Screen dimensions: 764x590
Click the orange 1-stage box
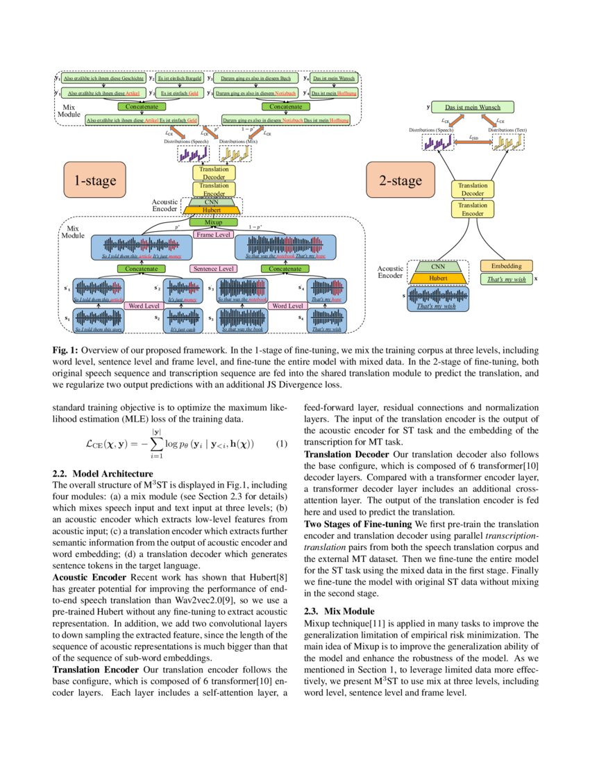tap(95, 181)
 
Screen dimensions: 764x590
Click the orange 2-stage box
tap(400, 181)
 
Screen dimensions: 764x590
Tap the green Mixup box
tap(209, 224)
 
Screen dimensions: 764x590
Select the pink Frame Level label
tap(214, 235)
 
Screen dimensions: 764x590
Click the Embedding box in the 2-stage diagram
tap(506, 266)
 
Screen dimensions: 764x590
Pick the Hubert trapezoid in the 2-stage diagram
tap(438, 278)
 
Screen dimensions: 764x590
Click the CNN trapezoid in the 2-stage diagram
tap(438, 266)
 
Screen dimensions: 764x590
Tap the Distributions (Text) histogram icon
tap(507, 142)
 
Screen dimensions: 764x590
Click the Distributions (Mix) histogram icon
tap(235, 153)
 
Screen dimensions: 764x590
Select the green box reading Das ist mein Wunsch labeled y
tap(472, 108)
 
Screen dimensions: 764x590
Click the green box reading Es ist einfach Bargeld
tap(180, 78)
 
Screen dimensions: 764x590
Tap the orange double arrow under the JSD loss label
tap(473, 143)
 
